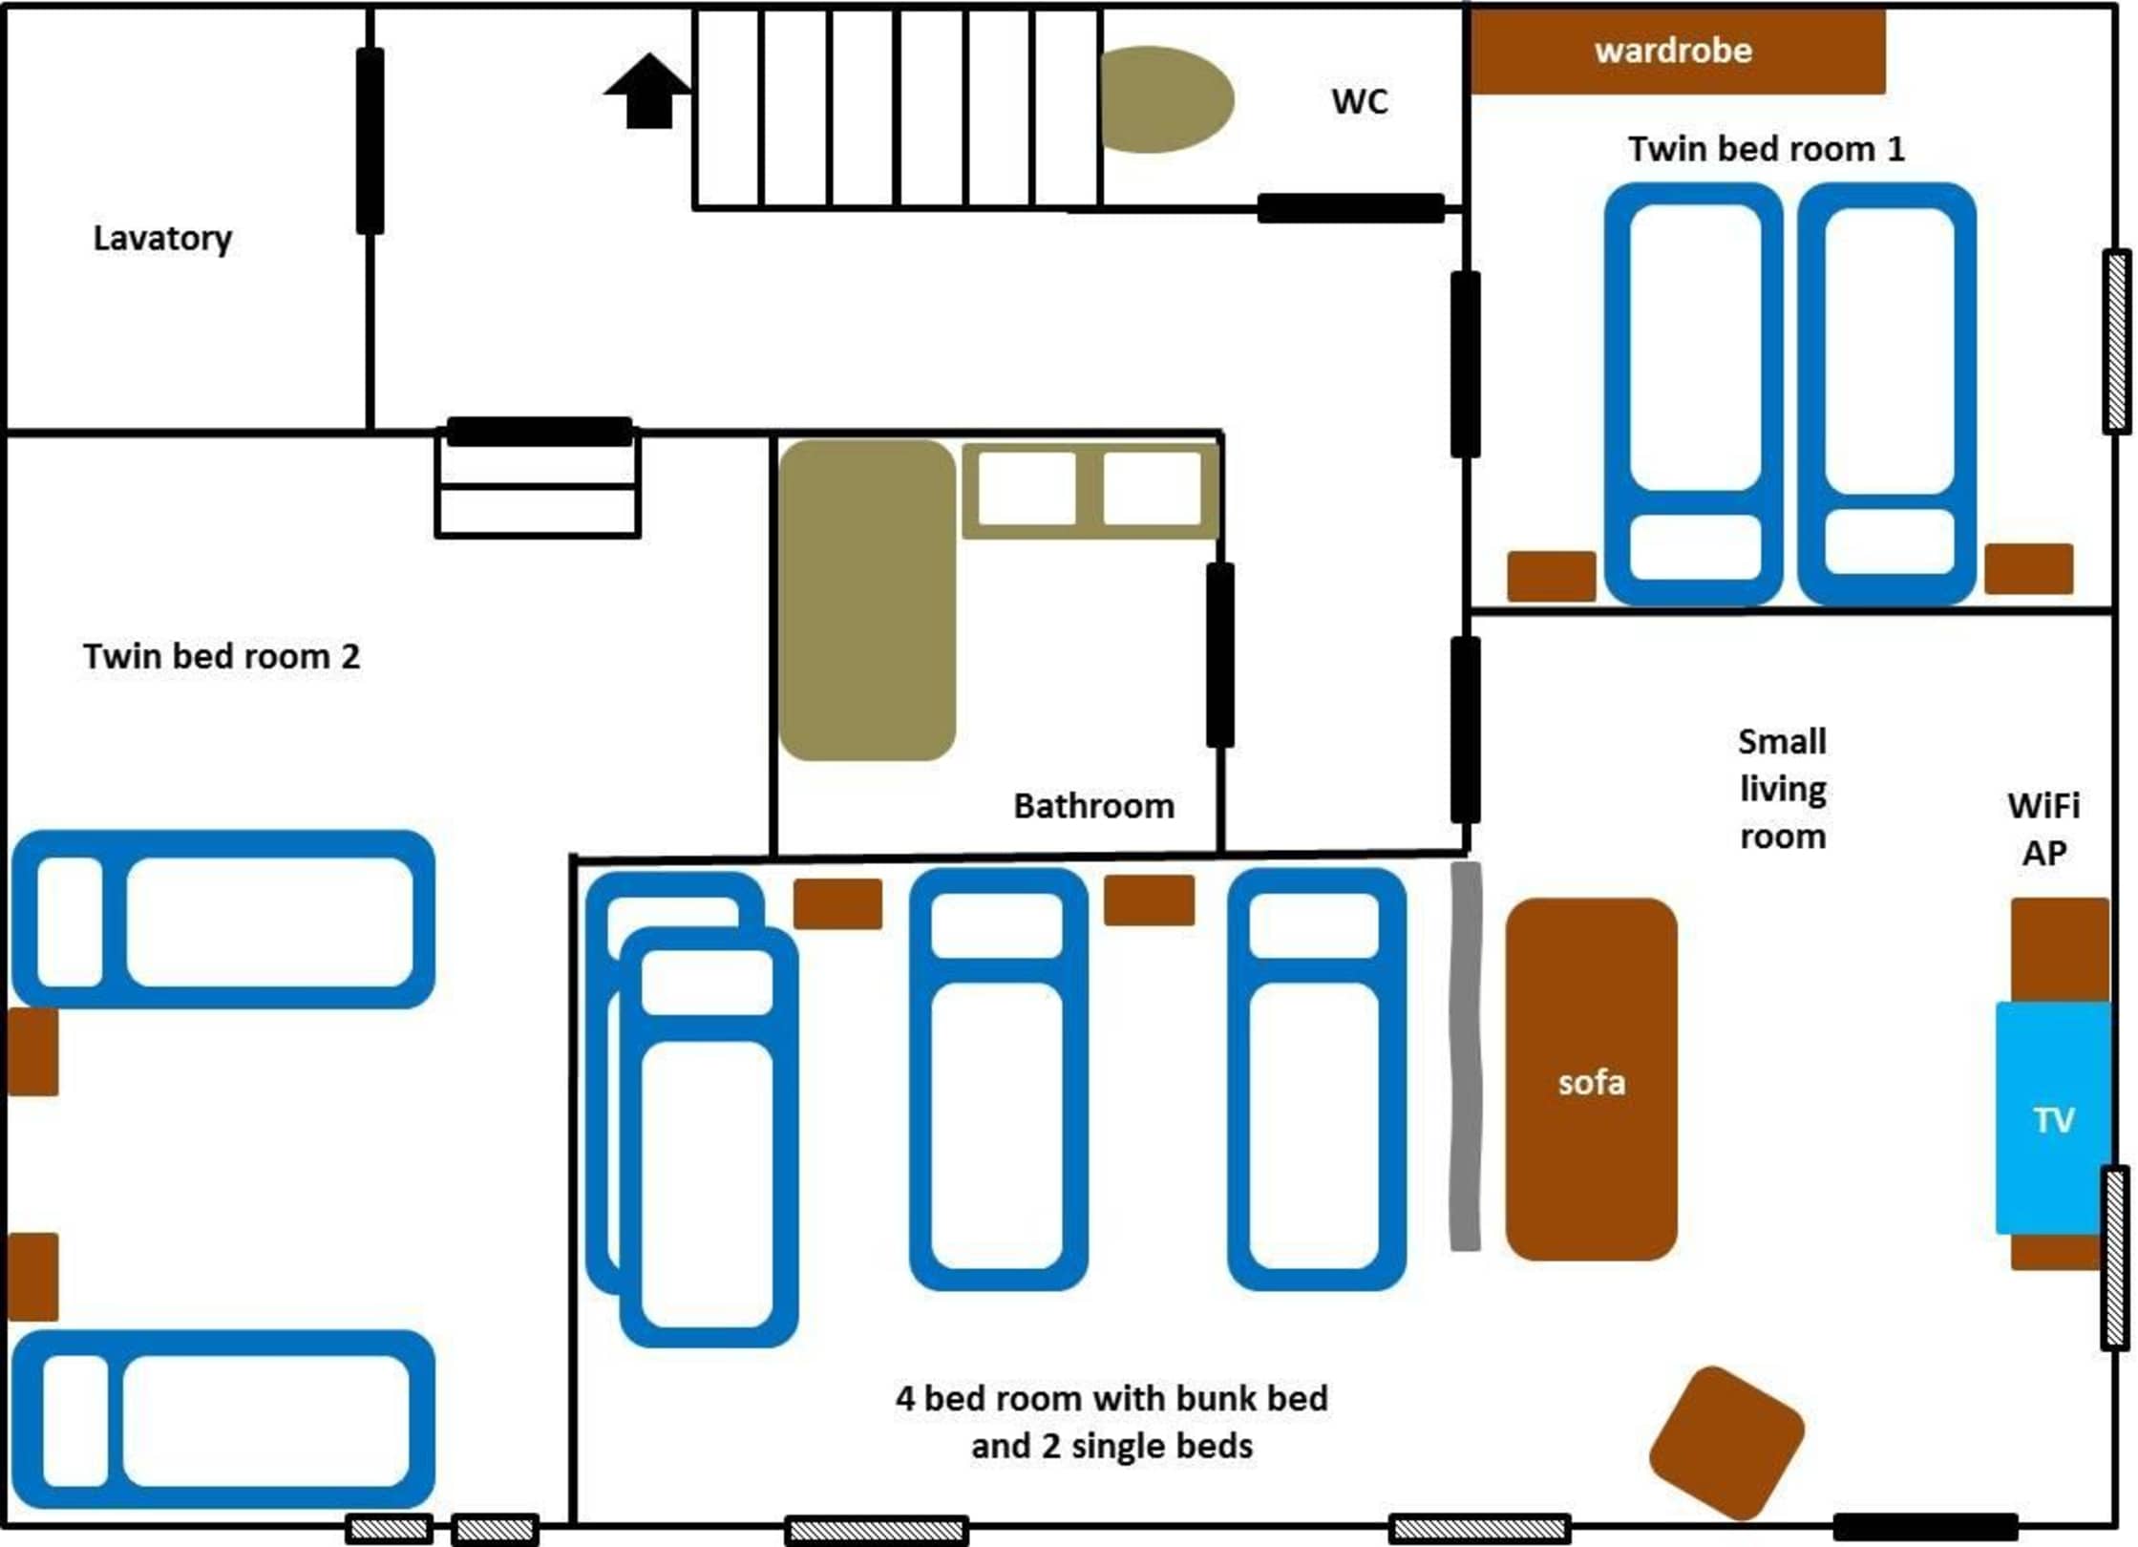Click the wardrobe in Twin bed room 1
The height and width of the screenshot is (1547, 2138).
pos(1678,52)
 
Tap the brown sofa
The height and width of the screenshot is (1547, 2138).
pos(1591,1079)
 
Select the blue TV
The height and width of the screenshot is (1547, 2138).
pos(2053,1117)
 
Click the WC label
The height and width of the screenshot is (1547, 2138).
pos(1360,101)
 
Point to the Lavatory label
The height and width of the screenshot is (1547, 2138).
pos(162,239)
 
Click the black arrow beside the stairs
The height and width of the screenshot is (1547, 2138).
pos(648,91)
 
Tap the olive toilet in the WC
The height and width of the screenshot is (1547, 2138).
pos(1167,99)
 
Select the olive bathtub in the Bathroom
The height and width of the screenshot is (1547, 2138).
pos(867,600)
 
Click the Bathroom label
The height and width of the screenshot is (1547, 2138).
pos(1094,806)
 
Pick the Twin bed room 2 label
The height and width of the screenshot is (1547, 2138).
pos(222,656)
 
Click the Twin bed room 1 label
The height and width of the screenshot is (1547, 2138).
pos(1767,149)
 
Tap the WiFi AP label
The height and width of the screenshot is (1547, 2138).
pos(2044,829)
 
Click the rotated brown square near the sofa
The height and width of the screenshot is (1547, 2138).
pos(1726,1442)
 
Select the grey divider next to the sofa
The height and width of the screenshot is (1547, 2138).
pos(1466,1055)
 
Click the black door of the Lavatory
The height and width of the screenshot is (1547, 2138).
pos(370,141)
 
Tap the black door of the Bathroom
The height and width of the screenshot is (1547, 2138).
pos(1220,655)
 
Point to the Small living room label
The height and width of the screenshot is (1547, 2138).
pos(1783,789)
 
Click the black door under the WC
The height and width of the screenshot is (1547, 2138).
pos(1350,208)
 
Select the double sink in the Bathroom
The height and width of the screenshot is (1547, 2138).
pos(1090,489)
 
